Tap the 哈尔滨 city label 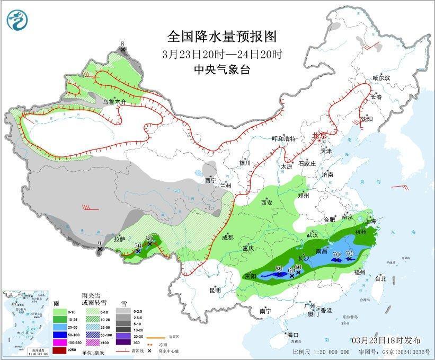380,78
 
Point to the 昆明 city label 215,290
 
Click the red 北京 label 319,136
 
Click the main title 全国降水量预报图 222,36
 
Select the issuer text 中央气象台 221,69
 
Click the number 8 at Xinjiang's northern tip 122,43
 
